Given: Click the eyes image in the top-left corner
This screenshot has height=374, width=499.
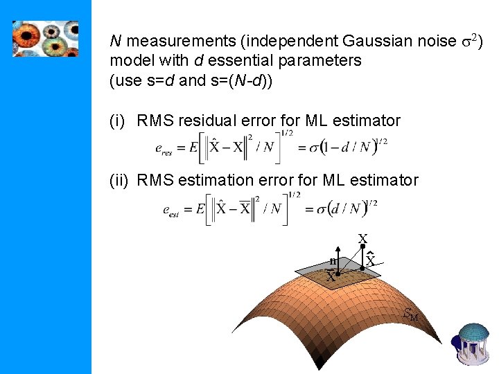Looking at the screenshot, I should point(45,38).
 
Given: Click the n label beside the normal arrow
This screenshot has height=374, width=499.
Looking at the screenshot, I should point(333,261).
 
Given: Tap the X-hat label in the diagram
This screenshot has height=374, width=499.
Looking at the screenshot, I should point(371,260).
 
